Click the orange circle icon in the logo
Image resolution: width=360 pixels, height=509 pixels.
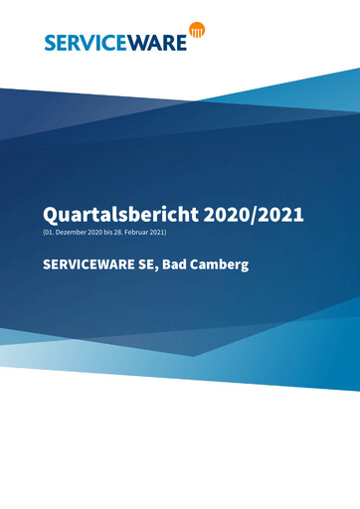point(197,31)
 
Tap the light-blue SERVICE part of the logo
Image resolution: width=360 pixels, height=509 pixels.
point(85,41)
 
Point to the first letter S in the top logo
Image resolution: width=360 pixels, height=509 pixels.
point(51,41)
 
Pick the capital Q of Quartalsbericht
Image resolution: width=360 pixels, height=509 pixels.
point(51,214)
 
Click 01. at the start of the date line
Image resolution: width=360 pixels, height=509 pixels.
point(50,233)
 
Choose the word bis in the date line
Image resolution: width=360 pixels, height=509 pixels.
point(111,233)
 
